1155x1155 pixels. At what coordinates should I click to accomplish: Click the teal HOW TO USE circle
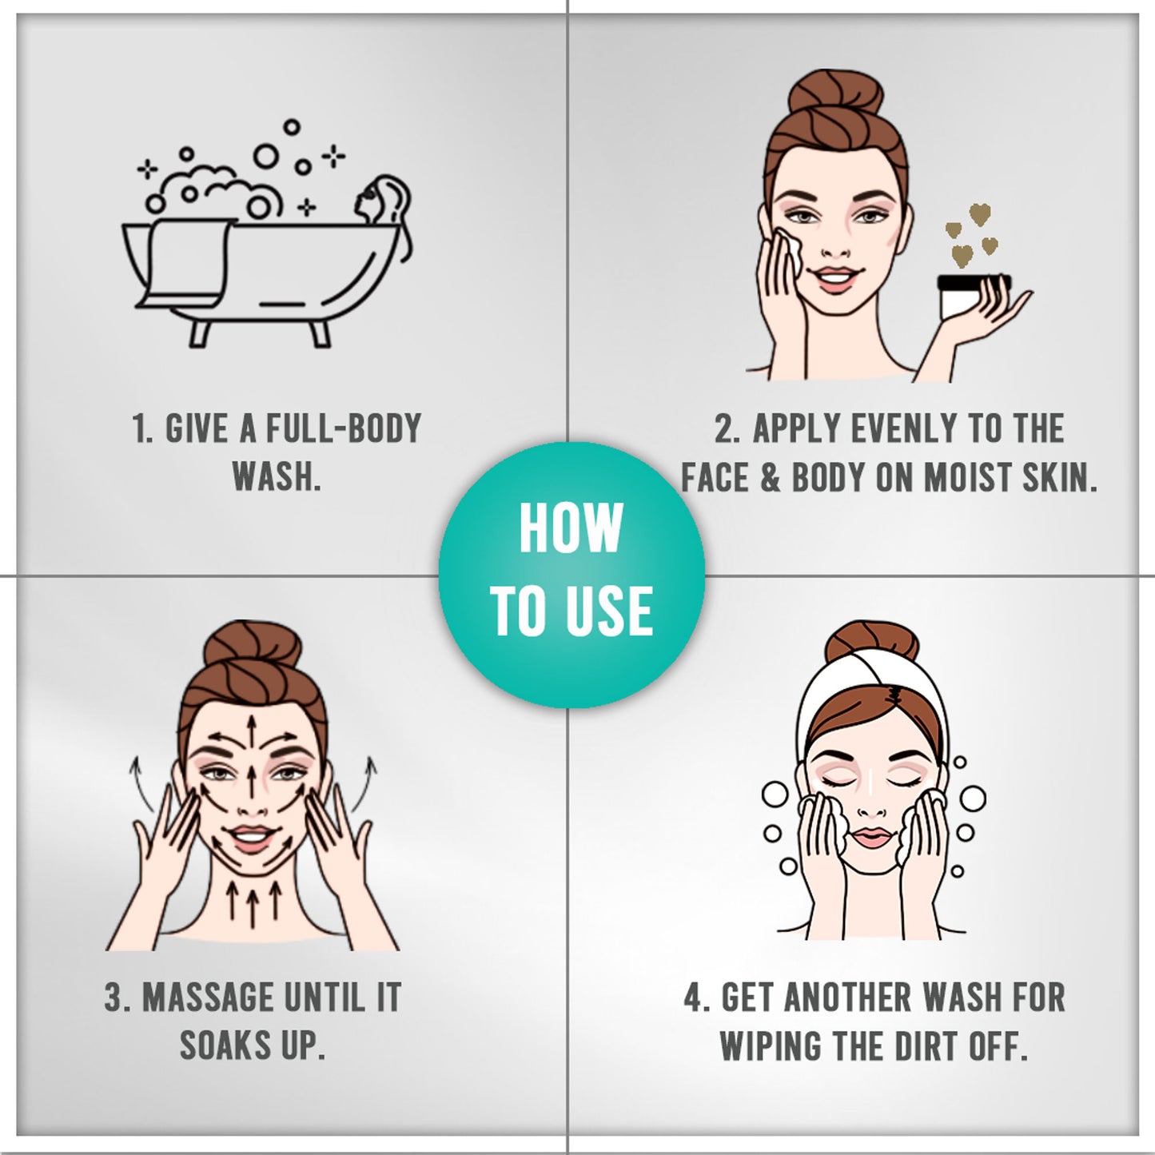click(x=572, y=574)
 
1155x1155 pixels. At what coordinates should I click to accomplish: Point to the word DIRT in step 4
click(x=926, y=1046)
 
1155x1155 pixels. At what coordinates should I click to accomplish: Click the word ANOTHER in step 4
click(x=848, y=997)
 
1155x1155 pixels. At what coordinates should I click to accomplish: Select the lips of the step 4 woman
click(x=874, y=838)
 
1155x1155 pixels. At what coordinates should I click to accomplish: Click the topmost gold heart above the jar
click(x=979, y=214)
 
